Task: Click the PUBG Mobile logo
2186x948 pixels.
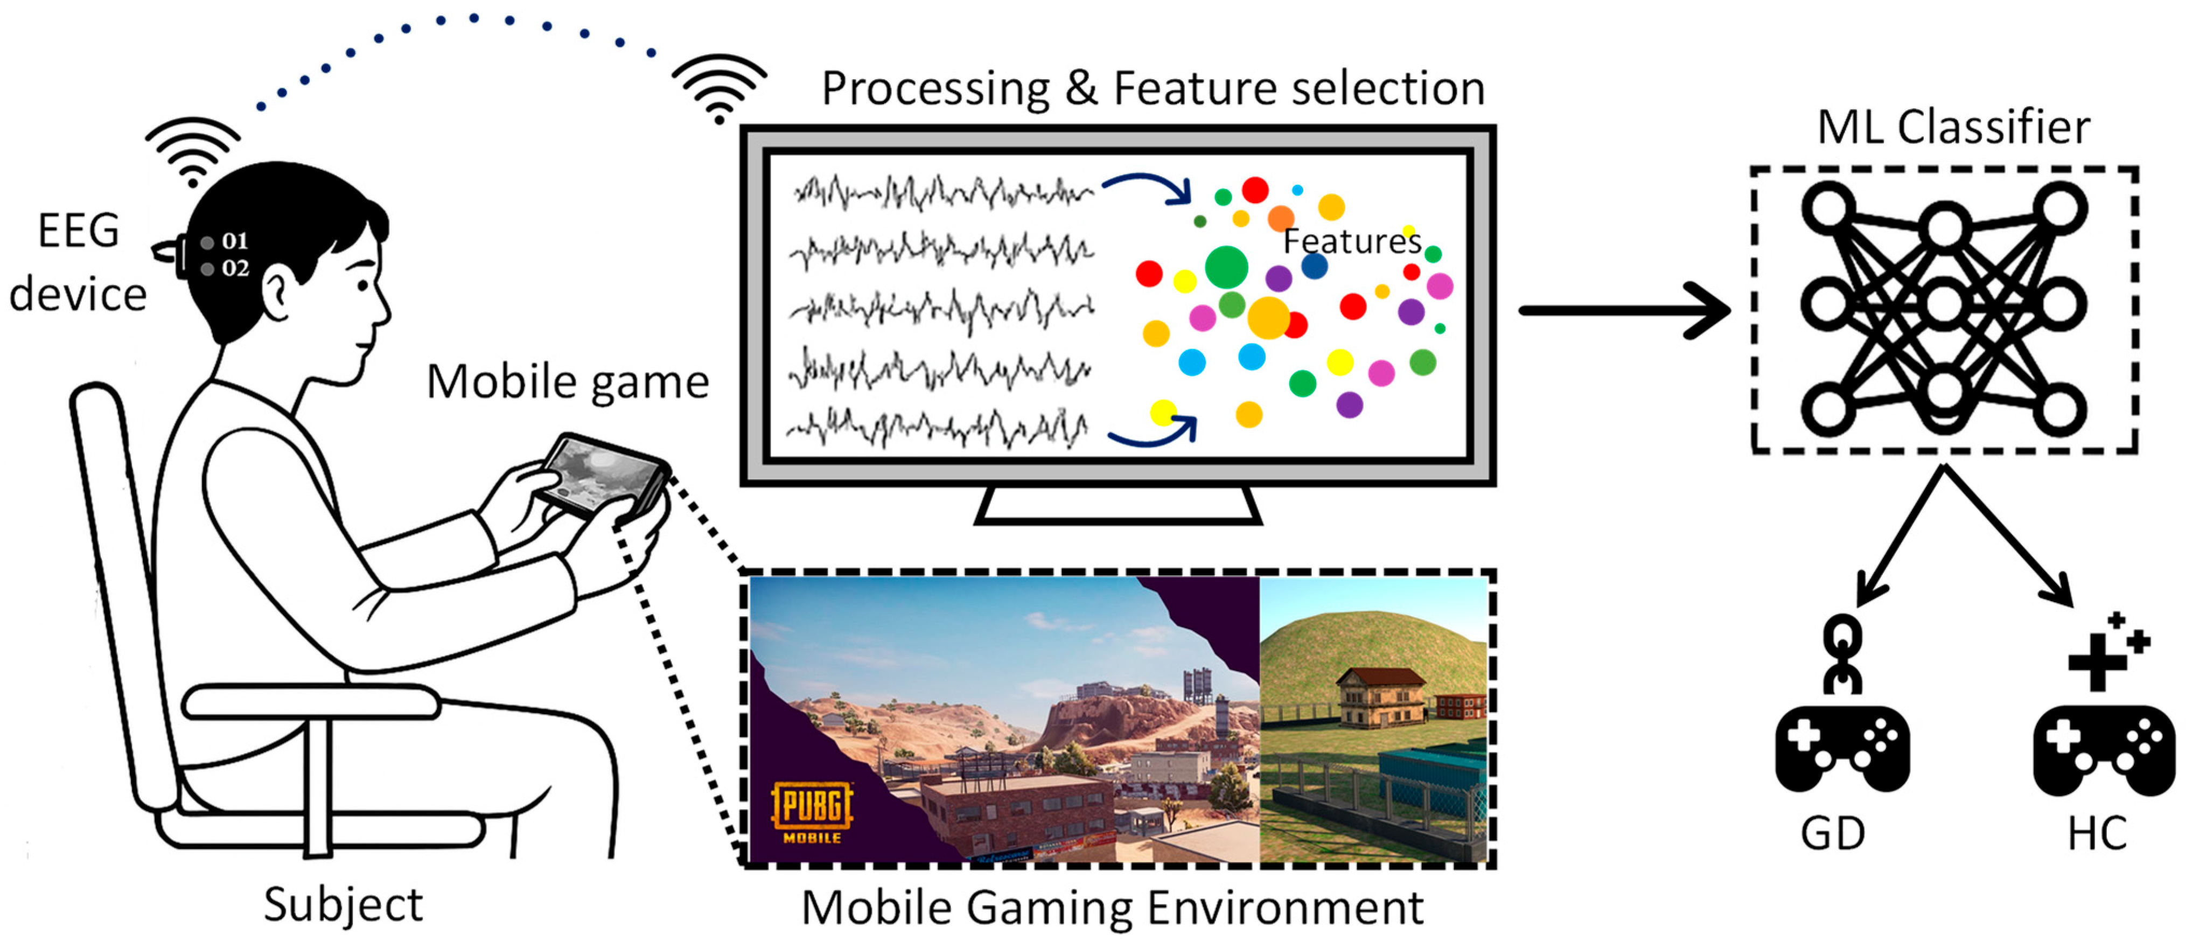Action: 811,811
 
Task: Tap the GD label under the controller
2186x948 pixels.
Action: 1833,833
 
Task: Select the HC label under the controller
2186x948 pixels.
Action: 2097,833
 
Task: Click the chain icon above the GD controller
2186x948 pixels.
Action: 1842,653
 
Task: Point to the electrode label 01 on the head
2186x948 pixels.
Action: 234,241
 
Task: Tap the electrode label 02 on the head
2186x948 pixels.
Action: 235,268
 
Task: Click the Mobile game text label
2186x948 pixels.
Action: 567,382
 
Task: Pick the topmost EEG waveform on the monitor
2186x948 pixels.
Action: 942,193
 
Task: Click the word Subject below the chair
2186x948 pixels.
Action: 343,905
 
